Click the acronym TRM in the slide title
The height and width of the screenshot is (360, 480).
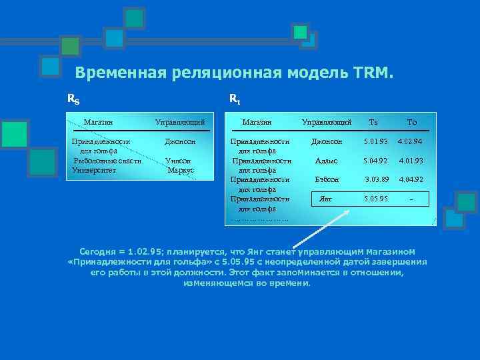pyautogui.click(x=370, y=72)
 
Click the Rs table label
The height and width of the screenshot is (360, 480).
pyautogui.click(x=73, y=100)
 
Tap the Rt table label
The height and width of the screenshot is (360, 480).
pyautogui.click(x=235, y=99)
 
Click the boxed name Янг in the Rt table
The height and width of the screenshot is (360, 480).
pyautogui.click(x=326, y=199)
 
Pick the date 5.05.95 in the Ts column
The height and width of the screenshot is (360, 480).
pyautogui.click(x=375, y=199)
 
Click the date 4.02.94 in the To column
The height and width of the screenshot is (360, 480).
pyautogui.click(x=411, y=142)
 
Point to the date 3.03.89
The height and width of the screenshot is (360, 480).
pyautogui.click(x=376, y=180)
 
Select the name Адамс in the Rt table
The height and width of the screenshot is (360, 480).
pyautogui.click(x=326, y=161)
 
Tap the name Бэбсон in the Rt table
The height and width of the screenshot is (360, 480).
pyautogui.click(x=327, y=180)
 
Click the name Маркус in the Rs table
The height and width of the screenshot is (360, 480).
pyautogui.click(x=181, y=170)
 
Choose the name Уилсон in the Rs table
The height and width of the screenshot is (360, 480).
pyautogui.click(x=178, y=161)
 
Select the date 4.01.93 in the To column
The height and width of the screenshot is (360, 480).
pyautogui.click(x=411, y=161)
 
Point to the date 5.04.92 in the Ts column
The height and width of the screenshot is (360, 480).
pyautogui.click(x=375, y=161)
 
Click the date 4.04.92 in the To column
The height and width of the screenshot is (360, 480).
pyautogui.click(x=411, y=180)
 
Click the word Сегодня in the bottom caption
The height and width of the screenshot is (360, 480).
pyautogui.click(x=97, y=252)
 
